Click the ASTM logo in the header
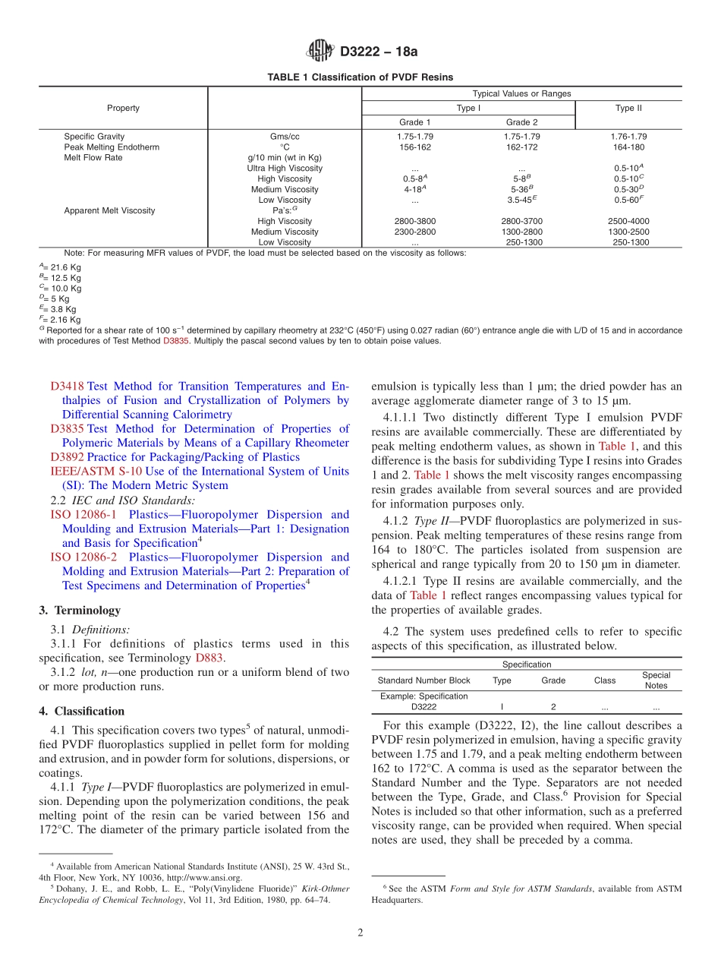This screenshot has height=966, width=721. click(320, 52)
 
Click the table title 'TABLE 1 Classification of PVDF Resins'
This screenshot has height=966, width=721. click(360, 77)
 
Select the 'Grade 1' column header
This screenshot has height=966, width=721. click(415, 122)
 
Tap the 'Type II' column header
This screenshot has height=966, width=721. click(628, 108)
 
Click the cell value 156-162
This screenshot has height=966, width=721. click(415, 147)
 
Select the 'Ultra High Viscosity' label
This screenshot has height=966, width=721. click(285, 169)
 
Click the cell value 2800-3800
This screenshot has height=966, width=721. click(415, 221)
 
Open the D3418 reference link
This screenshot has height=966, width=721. click(67, 387)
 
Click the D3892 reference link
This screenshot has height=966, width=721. click(67, 457)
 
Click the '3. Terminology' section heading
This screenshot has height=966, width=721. click(80, 611)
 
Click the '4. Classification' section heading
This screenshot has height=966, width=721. click(82, 712)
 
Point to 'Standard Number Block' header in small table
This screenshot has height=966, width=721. click(423, 680)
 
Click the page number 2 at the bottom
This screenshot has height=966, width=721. click(360, 933)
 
